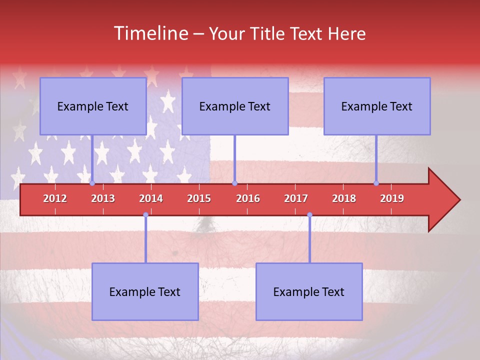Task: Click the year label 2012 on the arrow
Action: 55,198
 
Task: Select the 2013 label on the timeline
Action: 103,198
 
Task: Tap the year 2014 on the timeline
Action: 151,198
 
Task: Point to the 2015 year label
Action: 199,198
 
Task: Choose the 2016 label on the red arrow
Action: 248,198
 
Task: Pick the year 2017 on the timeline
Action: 296,198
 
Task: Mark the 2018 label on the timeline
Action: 344,198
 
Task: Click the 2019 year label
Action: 392,198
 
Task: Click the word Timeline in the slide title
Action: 150,33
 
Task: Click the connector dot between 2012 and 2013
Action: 92,183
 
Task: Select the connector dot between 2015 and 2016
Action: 234,183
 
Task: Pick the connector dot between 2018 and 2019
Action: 376,183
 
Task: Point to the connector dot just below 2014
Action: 145,215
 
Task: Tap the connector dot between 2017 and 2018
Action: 309,215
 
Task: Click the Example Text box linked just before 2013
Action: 93,106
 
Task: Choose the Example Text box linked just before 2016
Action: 235,106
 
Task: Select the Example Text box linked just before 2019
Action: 377,106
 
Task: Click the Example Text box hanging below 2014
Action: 145,291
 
